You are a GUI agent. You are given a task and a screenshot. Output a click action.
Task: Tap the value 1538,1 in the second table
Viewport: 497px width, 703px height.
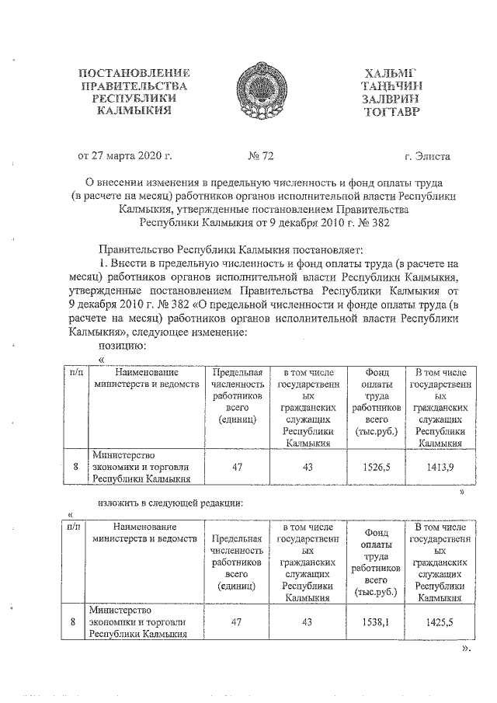376,622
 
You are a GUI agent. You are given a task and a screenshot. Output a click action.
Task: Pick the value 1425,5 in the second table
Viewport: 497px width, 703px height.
440,622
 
